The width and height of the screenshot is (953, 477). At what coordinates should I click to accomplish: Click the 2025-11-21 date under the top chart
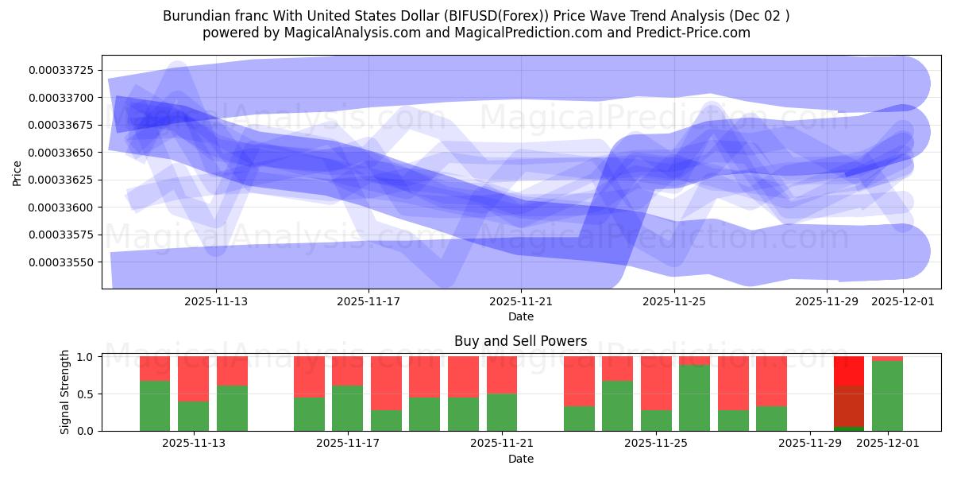521,301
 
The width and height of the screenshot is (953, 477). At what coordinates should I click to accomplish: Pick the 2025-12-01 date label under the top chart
904,301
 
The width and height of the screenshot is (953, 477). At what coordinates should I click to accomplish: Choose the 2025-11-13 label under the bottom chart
194,444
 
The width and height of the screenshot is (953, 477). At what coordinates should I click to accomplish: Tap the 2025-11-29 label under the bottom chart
810,444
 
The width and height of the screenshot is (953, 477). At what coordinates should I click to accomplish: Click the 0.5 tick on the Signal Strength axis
85,394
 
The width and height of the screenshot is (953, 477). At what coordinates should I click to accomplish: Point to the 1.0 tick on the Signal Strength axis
85,357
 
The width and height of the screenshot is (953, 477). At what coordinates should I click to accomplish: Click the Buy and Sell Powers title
520,341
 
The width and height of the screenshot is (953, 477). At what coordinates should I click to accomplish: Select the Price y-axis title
17,172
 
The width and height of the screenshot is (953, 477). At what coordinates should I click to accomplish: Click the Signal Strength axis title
65,392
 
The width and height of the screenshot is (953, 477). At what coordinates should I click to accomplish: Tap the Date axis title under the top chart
520,316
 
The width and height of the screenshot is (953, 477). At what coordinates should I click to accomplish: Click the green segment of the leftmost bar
155,405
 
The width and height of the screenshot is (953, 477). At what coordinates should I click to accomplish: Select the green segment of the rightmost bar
887,395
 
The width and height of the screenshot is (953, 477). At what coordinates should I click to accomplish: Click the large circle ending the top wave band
903,83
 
